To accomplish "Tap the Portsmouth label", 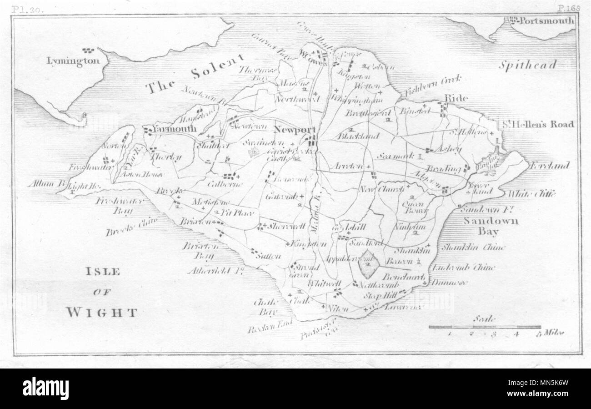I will point(547,21).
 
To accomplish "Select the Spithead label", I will point(527,66).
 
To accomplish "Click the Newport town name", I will point(294,129).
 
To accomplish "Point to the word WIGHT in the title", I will point(101,312).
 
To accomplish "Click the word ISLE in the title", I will point(103,272).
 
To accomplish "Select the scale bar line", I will point(485,327).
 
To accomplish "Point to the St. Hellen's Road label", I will point(537,124).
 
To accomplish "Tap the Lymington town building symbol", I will point(87,50).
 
